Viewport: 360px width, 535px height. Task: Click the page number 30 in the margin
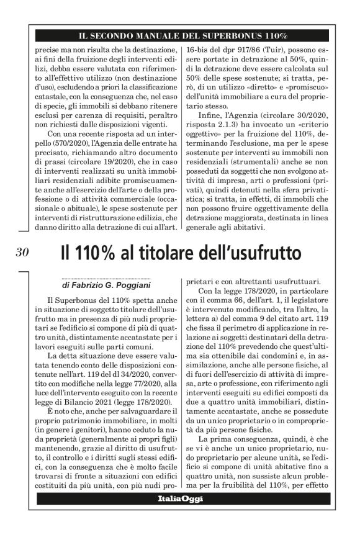coord(22,252)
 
